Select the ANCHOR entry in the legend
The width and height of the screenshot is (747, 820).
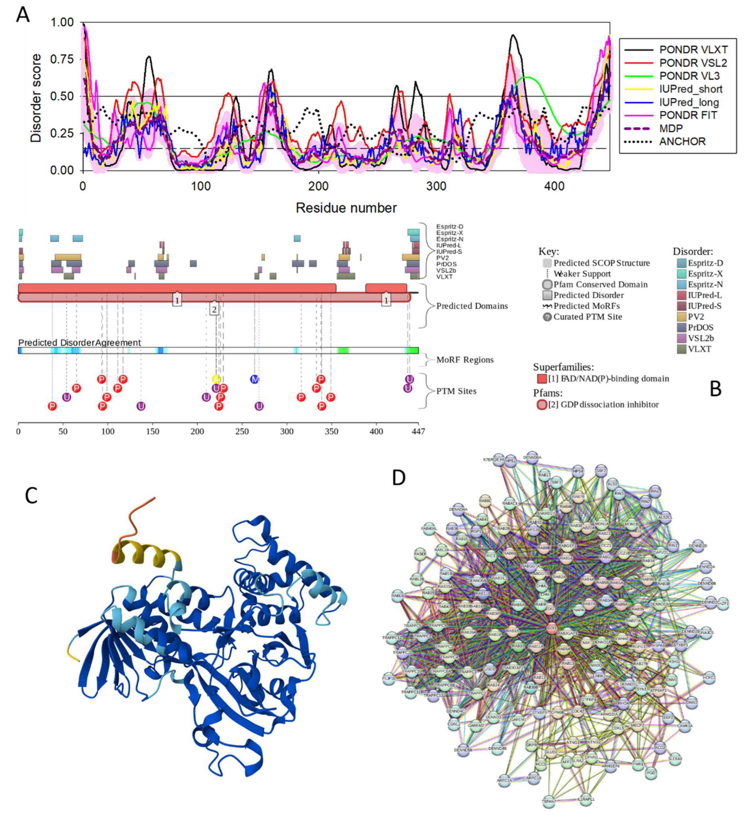tap(682, 141)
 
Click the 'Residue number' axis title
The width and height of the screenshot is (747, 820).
tap(346, 208)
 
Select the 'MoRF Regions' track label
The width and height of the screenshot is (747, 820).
tap(465, 360)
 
